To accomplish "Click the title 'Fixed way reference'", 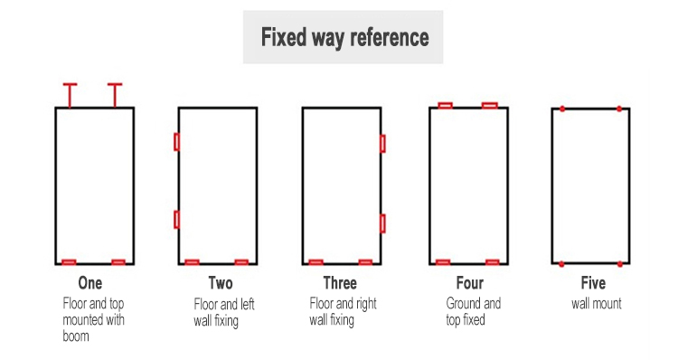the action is pos(344,37).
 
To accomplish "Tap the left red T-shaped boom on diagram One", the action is pos(70,95).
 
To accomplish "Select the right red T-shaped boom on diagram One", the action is pos(115,95).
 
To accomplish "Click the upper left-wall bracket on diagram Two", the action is pos(176,142).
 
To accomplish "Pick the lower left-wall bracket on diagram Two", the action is pos(176,220).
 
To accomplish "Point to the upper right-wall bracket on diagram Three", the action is pos(382,144).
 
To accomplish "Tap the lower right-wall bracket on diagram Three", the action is pos(382,223).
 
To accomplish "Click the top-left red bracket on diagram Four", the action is pos(445,106).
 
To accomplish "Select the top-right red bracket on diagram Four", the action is pos(489,106).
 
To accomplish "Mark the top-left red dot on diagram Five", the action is pos(562,109).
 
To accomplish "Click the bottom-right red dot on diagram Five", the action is pos(620,264).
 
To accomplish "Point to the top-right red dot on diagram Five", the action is pos(619,109).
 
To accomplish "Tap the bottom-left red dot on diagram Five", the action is pos(561,264).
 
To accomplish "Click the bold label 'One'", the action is pos(89,283).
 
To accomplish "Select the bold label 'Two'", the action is pos(221,283).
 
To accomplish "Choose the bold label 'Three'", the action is pos(340,283).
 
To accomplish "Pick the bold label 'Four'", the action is pos(470,283).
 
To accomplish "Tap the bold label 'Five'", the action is pos(593,283).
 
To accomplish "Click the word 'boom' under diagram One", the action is pos(76,336).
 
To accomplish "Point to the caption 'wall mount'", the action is pos(597,304).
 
